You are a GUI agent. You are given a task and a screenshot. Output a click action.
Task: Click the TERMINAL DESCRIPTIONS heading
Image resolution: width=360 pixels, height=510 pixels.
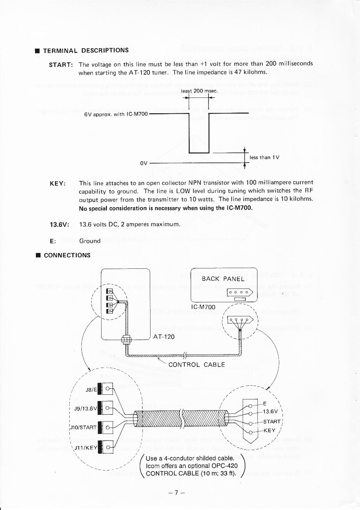point(85,51)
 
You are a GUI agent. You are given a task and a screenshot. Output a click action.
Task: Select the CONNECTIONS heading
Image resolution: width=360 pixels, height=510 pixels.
point(67,255)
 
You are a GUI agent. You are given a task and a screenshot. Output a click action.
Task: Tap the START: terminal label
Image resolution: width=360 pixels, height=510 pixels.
point(61,64)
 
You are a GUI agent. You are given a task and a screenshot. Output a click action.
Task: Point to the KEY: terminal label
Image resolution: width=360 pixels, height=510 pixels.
point(58,184)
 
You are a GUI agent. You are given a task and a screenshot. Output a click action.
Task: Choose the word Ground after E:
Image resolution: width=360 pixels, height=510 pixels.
point(89,241)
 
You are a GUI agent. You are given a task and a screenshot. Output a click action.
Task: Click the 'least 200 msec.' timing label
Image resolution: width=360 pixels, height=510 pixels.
point(199,91)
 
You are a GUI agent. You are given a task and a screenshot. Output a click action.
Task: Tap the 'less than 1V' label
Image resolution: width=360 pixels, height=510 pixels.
point(265,157)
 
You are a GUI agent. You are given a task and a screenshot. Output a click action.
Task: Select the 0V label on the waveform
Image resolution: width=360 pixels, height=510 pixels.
point(144,163)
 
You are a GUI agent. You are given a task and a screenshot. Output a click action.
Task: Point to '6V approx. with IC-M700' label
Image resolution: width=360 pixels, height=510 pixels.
point(116,114)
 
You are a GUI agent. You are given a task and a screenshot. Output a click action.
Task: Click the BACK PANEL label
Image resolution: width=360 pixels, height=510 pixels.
point(223,279)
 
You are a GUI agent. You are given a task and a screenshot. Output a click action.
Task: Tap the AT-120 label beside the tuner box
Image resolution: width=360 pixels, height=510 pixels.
point(164,336)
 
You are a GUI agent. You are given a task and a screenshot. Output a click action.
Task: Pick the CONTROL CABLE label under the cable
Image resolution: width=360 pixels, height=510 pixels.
point(197,365)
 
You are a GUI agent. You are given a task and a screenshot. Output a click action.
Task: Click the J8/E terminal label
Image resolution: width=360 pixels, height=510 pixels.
point(91,390)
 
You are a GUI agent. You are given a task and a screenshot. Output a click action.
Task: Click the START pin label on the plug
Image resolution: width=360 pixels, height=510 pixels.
point(272,422)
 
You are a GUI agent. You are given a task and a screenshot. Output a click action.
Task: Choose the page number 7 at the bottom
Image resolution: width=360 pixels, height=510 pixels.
point(177,493)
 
